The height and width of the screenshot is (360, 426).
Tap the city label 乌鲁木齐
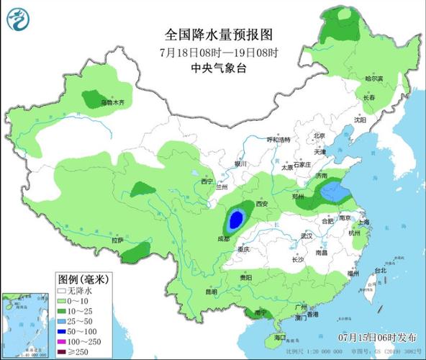pos(112,103)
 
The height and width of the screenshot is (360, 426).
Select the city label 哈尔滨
pos(373,78)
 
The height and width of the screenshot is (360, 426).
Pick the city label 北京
pos(319,135)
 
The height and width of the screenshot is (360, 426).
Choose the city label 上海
pos(363,222)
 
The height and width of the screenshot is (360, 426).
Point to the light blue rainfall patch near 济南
pos(332,192)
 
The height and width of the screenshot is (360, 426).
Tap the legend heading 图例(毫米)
pos(80,278)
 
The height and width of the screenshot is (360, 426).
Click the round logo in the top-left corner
pos(18,18)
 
